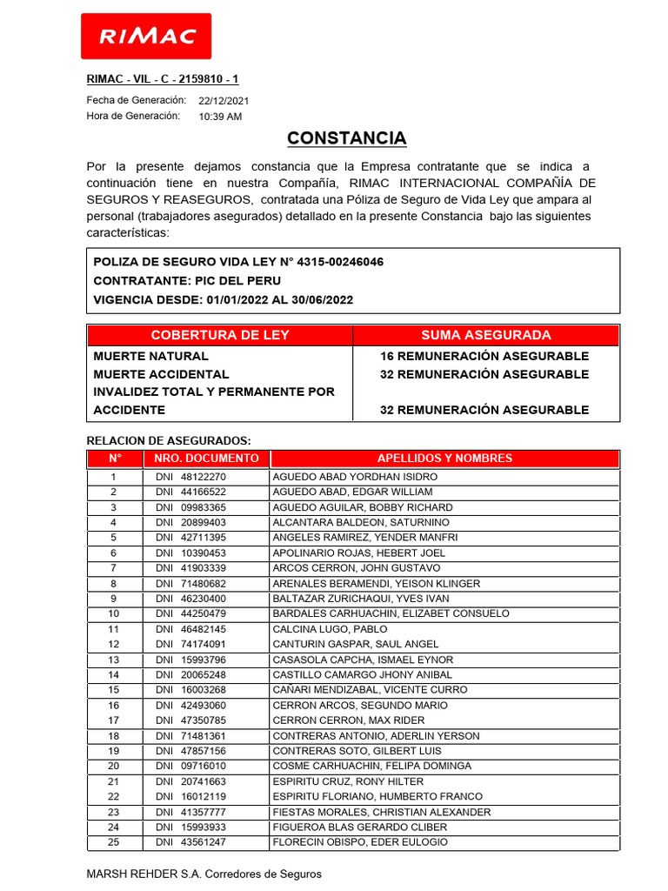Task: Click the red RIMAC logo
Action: [x=145, y=36]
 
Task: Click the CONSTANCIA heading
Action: [x=346, y=138]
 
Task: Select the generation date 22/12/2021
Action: [x=224, y=101]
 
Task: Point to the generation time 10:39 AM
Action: [x=220, y=117]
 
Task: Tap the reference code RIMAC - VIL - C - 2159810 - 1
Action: [x=163, y=79]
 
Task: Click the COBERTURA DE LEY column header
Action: [x=220, y=335]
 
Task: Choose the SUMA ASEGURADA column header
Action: [x=485, y=335]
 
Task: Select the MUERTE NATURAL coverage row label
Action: [x=151, y=356]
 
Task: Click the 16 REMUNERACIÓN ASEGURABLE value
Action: [x=484, y=356]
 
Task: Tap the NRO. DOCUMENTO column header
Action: [x=206, y=459]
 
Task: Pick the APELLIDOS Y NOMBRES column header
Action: [x=444, y=459]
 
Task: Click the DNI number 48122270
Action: [x=204, y=477]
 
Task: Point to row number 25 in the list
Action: [x=113, y=842]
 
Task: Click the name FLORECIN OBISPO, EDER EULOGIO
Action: [x=360, y=842]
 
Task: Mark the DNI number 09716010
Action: [x=204, y=766]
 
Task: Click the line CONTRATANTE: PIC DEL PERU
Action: [x=187, y=280]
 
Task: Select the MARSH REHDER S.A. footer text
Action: [x=204, y=874]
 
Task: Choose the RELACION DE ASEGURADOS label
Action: [x=169, y=440]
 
